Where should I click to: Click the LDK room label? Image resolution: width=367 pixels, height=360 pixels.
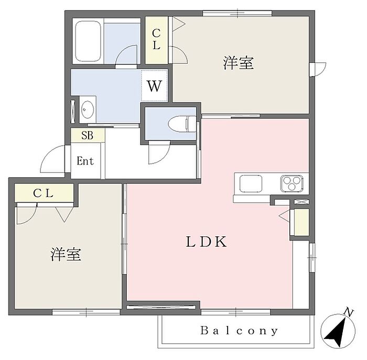pos(206,242)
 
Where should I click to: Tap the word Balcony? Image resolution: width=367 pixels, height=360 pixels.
pos(239,331)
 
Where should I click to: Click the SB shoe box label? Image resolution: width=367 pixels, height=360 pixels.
pos(87,135)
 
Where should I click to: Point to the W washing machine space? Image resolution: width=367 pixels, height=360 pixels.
pos(154,85)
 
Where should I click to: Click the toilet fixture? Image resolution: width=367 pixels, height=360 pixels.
pos(178,124)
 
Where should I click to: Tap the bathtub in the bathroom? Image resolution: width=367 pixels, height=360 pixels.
pos(88,41)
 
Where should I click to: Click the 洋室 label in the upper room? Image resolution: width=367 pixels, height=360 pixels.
pos(239,63)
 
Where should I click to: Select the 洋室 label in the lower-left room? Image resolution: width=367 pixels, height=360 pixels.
pos(66,255)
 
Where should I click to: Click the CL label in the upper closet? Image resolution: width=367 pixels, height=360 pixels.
pos(156,39)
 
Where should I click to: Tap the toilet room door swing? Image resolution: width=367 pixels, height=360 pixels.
pos(157,152)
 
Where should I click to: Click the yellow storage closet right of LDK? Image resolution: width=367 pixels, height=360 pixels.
pos(300,223)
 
